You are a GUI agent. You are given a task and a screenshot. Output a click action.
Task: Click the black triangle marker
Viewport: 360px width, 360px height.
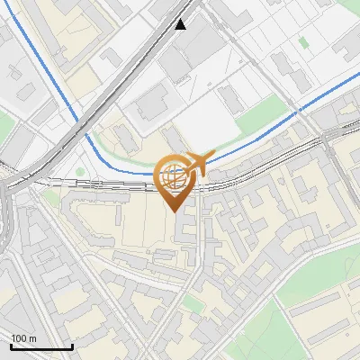point(181,24)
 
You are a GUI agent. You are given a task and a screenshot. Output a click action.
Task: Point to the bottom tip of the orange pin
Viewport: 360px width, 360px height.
point(175,211)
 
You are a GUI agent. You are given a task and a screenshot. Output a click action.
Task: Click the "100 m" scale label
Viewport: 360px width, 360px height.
point(24,338)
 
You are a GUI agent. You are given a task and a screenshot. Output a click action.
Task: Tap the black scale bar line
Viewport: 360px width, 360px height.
point(41,346)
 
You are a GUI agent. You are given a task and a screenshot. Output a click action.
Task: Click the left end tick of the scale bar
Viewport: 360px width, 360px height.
point(11,346)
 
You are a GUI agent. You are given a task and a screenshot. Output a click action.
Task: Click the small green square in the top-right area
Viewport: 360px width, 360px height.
point(304,41)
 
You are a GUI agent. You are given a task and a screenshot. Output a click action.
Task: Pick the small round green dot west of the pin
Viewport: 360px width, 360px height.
point(80,172)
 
